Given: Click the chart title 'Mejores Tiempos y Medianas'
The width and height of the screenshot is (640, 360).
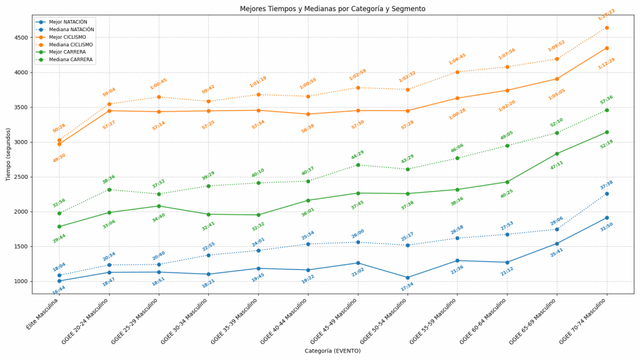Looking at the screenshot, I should pos(332,9).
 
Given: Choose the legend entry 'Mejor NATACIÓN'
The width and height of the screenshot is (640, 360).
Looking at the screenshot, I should pos(68,22).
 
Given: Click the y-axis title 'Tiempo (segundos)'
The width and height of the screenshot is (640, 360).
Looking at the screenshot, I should pos(8,154).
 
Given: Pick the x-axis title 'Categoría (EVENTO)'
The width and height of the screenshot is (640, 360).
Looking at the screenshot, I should pos(332,351).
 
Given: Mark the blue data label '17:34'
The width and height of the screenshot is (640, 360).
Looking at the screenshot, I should pos(407,287).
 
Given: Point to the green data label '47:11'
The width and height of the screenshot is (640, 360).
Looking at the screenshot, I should pos(556,165).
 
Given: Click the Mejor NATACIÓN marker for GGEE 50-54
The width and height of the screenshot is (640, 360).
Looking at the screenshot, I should pos(407,277).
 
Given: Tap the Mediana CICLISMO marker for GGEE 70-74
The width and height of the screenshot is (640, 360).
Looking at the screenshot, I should pos(606,27).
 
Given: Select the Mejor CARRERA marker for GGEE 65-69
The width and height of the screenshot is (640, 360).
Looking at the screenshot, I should pos(557,154).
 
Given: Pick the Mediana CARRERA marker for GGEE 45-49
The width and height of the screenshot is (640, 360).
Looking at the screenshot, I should pos(357,165).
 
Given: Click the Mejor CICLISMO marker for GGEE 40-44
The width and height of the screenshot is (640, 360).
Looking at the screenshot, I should pos(308,114).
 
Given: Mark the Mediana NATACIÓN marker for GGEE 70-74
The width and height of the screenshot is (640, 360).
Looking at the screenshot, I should pos(606,194).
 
